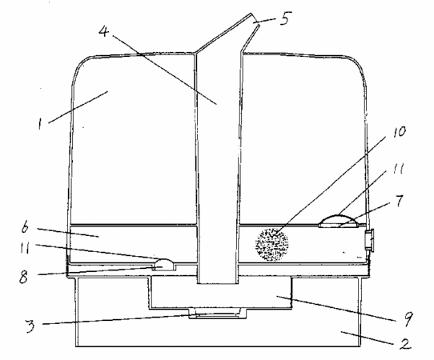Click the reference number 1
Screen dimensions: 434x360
(x=40, y=124)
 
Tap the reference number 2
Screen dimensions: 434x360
(x=404, y=344)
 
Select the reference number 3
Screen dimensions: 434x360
(x=30, y=326)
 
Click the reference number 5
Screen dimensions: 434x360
(x=284, y=18)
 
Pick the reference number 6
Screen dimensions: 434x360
(x=25, y=228)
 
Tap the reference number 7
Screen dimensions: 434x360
(x=399, y=201)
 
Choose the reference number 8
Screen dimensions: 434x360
(x=23, y=277)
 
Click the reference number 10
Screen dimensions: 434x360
(x=399, y=132)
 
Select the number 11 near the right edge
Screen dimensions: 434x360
(x=398, y=168)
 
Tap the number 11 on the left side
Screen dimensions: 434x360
(x=25, y=249)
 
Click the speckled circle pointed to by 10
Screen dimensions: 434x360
(x=271, y=245)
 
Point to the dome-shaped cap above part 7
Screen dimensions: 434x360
(x=338, y=220)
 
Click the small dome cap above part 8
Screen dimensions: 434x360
(x=164, y=264)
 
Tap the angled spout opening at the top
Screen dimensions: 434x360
(x=255, y=19)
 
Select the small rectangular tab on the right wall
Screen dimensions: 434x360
(x=370, y=240)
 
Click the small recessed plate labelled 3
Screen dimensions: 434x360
(x=217, y=315)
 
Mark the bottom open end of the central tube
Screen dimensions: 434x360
(x=217, y=283)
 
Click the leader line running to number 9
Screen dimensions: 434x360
(x=336, y=309)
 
